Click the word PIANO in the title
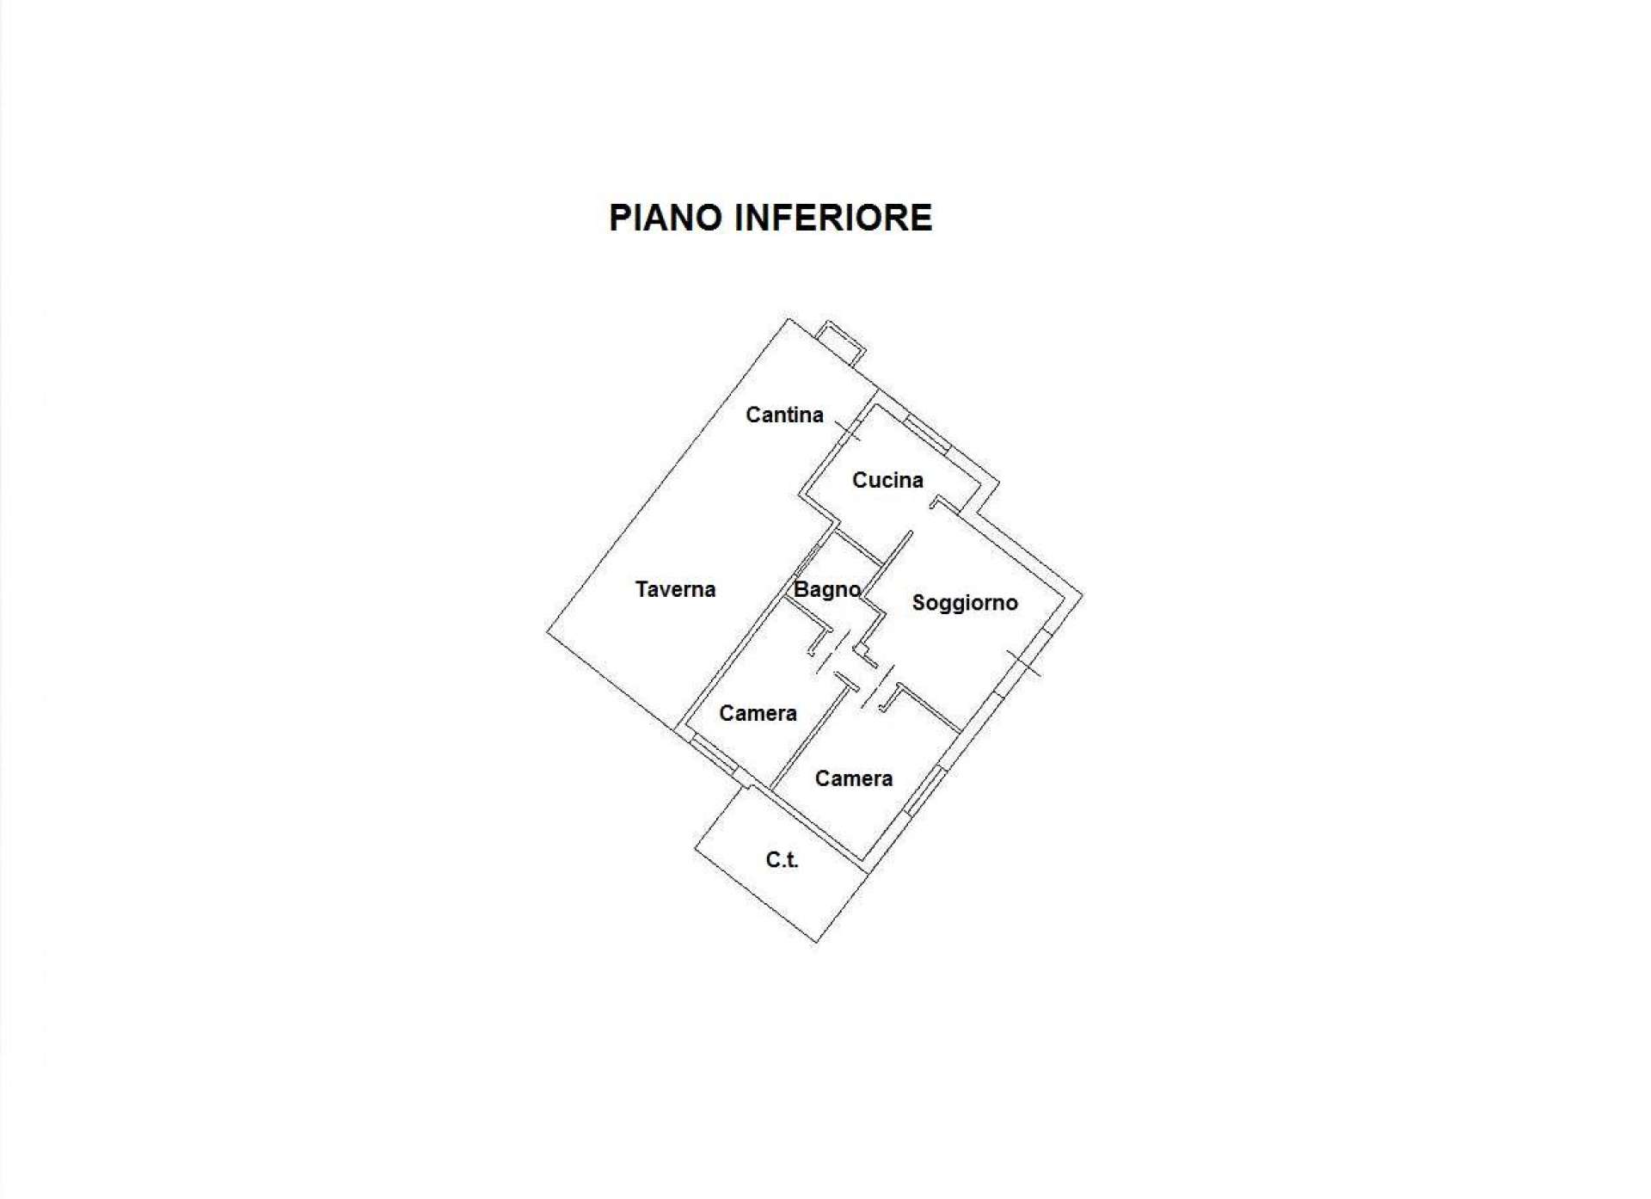666,218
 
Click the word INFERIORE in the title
833,218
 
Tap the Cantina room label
784,415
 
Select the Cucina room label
887,480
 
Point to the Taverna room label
675,589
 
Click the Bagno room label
827,590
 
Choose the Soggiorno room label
965,603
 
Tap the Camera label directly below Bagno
758,713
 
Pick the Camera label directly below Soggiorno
853,778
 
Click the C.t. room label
782,859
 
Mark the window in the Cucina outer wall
927,434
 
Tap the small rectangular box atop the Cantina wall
841,342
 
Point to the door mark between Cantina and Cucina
849,430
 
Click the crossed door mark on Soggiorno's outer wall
1023,663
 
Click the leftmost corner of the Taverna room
547,632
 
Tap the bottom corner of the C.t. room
817,943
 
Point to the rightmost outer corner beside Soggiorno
1083,593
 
